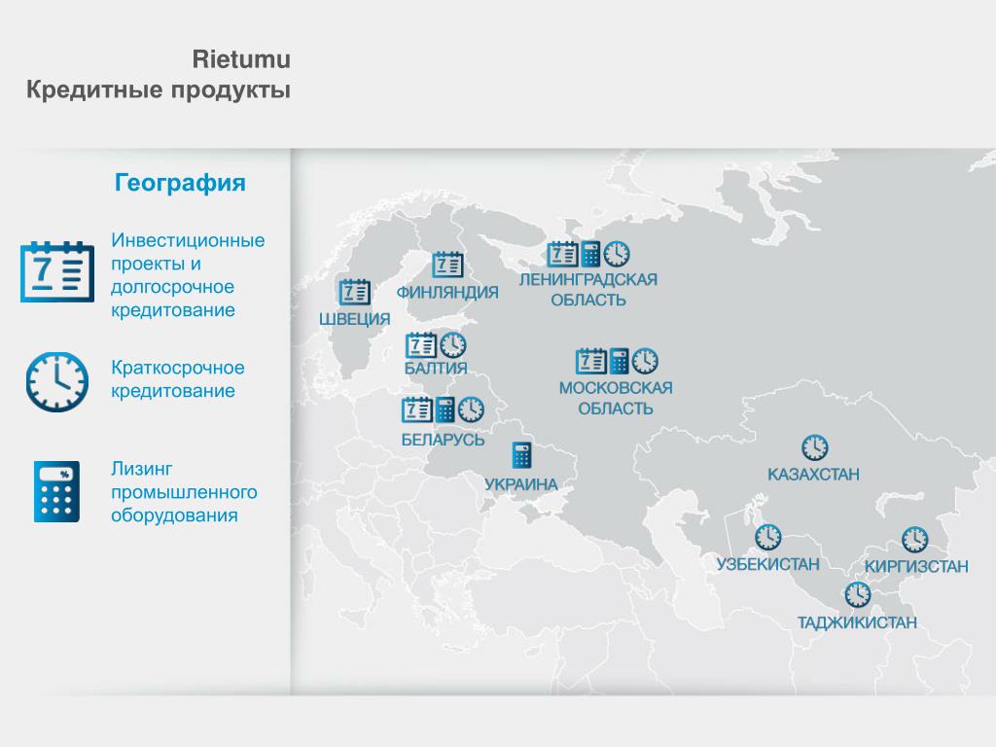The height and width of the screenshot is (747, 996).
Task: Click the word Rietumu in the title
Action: [241, 59]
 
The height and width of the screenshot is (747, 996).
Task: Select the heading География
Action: [180, 183]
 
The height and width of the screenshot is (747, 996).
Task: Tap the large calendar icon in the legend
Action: [57, 271]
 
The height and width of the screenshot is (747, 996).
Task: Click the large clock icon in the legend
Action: [57, 381]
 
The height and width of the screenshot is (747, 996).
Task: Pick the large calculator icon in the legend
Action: [56, 491]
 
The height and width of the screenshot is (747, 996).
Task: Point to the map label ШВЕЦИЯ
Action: [354, 319]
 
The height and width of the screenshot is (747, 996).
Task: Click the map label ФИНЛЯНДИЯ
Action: [447, 292]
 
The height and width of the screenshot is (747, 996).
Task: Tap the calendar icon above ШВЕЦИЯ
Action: [354, 292]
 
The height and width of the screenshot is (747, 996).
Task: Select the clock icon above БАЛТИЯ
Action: [453, 345]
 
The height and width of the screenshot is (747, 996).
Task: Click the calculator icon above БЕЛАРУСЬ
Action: [445, 409]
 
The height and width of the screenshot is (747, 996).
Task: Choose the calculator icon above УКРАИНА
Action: [521, 455]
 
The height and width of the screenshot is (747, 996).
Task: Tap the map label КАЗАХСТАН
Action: [813, 475]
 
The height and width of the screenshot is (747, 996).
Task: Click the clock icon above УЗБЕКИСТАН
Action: [768, 537]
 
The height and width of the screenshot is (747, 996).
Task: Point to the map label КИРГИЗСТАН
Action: [916, 566]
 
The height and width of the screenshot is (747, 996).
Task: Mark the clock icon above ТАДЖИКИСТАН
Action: [858, 594]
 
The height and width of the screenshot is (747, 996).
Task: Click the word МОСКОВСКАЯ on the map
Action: [616, 387]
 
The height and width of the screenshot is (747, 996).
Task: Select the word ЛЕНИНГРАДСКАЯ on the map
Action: [588, 279]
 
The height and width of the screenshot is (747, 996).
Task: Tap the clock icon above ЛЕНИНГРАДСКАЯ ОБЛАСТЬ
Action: [617, 254]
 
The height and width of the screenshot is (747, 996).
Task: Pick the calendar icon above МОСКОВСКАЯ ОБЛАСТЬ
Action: [591, 361]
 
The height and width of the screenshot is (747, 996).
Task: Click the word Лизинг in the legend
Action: [141, 469]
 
